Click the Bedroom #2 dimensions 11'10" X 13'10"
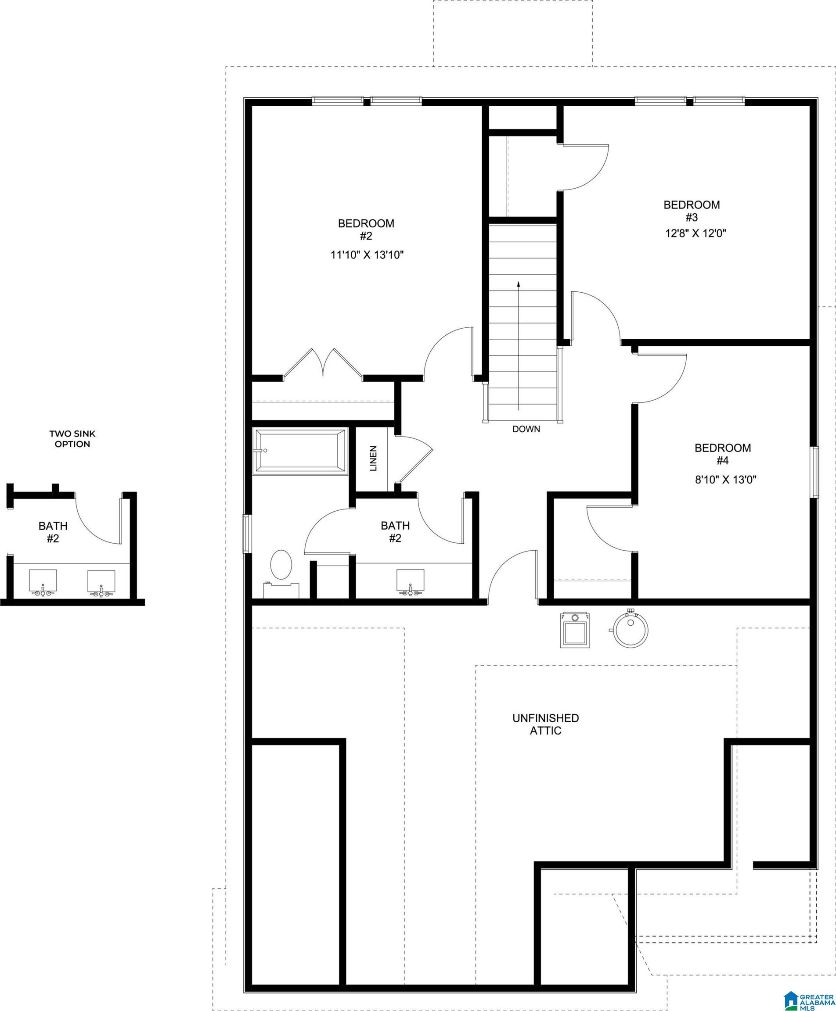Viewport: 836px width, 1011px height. coord(367,255)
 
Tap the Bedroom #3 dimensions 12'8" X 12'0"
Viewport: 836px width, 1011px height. coord(695,233)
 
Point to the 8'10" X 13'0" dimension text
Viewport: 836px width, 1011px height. coord(725,479)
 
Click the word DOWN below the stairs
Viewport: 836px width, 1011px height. coord(526,429)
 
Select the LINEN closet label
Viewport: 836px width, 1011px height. coord(373,458)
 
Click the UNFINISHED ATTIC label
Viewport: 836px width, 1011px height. coord(546,724)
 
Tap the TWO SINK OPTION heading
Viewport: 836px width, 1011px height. coord(72,439)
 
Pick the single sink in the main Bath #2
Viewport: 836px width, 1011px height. coord(410,581)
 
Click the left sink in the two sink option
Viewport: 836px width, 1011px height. coord(43,582)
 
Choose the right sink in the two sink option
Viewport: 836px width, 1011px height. coord(101,582)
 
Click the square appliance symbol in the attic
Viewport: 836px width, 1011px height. coord(575,631)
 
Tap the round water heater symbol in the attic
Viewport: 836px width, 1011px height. coord(631,629)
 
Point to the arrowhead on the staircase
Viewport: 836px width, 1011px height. coord(518,284)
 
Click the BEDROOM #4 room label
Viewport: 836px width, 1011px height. coord(722,454)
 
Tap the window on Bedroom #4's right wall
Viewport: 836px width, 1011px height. coord(815,472)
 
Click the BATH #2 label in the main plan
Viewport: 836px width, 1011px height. coord(395,532)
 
